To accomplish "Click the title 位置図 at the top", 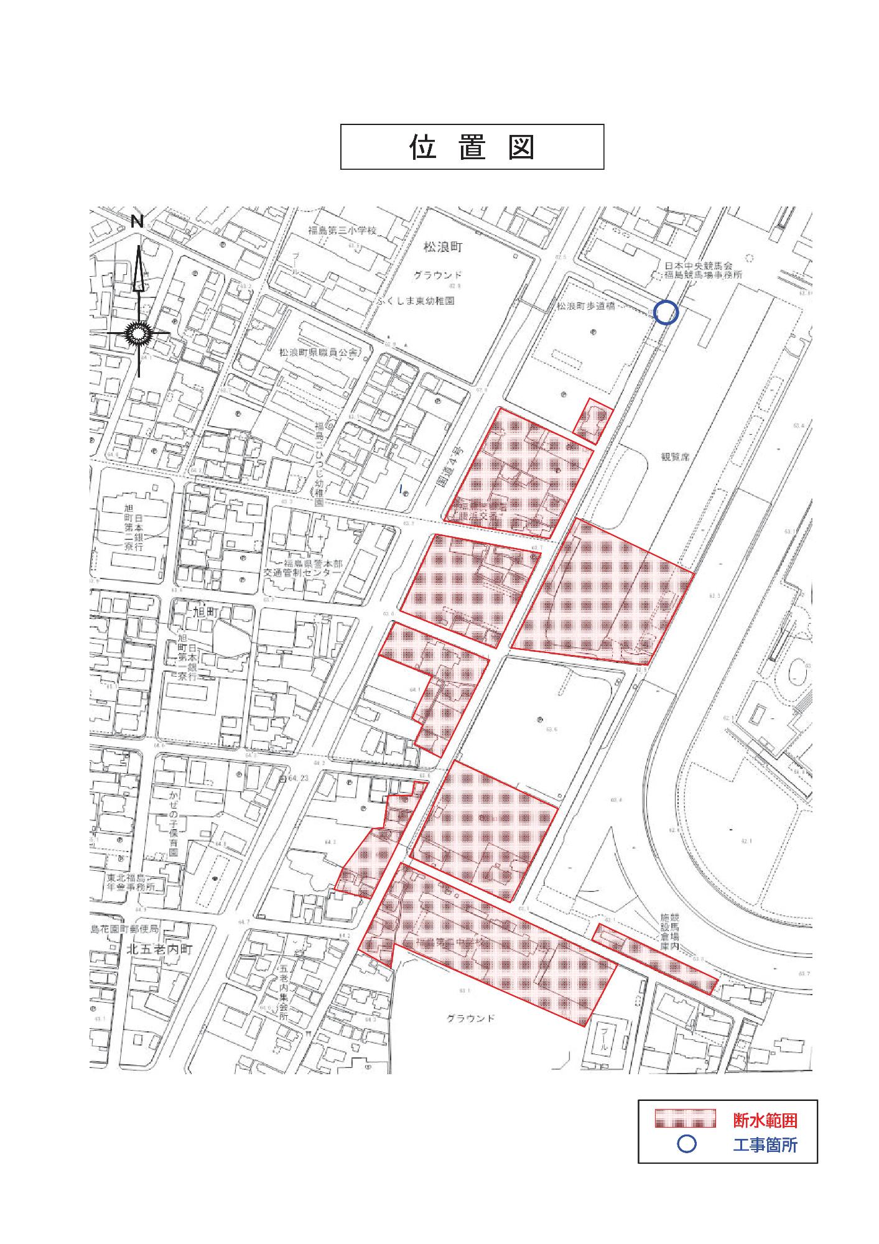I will coord(472,147).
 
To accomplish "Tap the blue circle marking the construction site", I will coord(665,312).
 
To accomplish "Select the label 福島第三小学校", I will coord(343,230).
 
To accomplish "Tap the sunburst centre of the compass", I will coord(138,334).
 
